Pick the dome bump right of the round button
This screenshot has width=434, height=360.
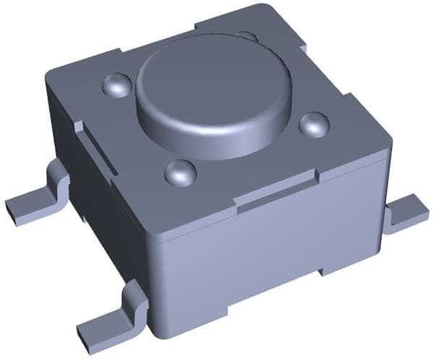coord(314,124)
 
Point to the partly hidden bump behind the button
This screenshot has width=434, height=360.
coord(247,36)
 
